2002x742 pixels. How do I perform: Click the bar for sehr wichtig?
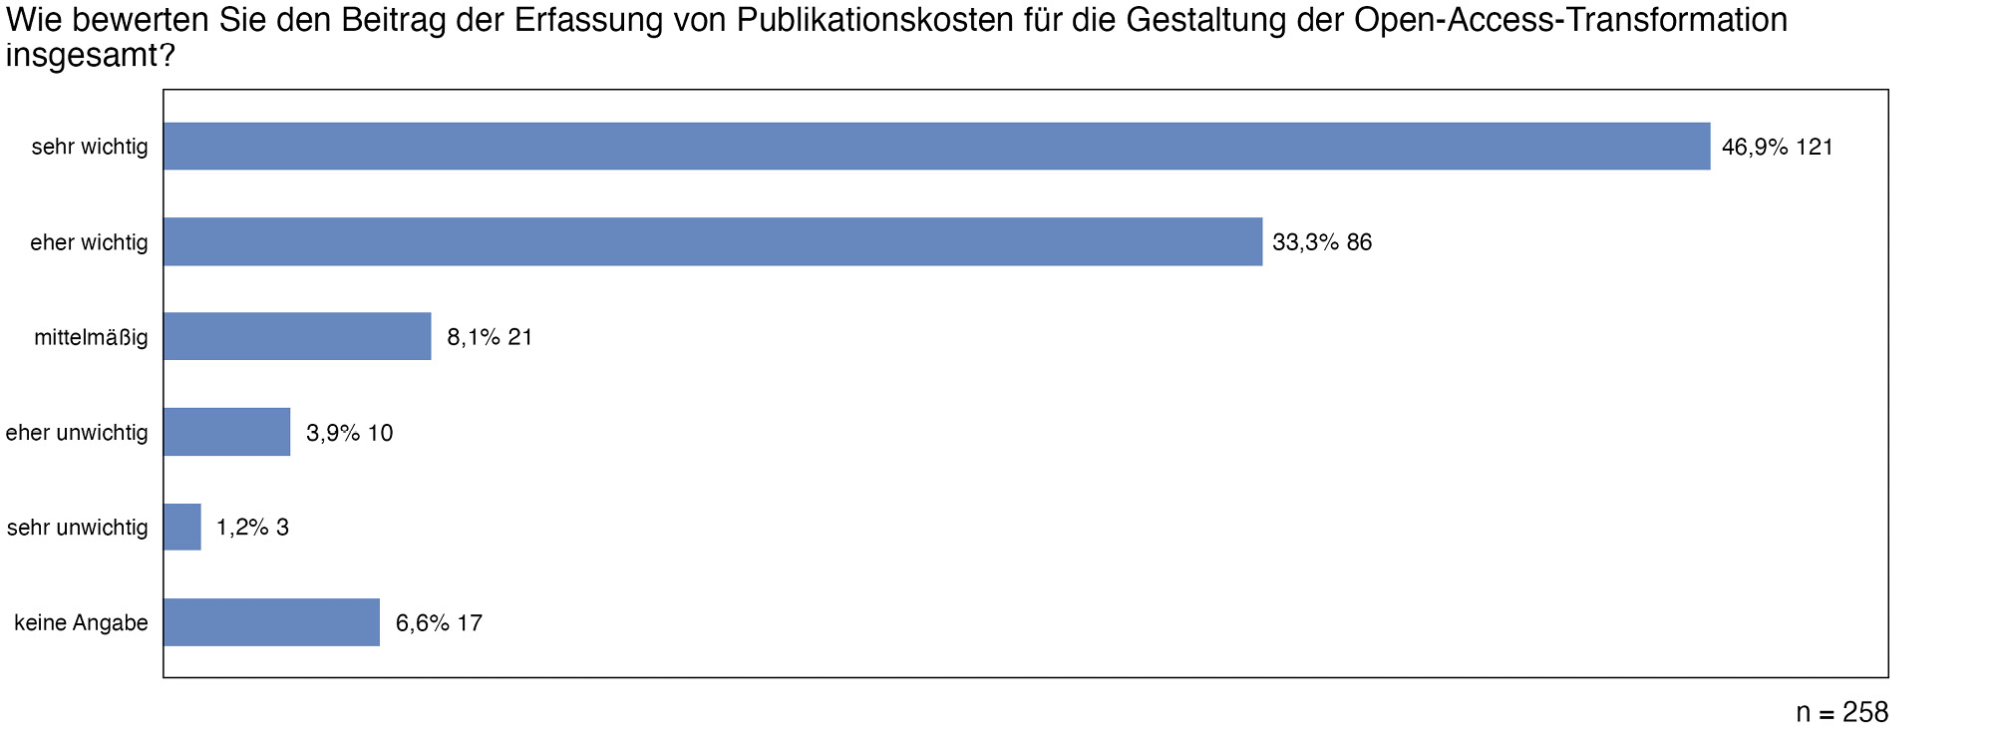937,147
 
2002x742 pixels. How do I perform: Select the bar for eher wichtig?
713,241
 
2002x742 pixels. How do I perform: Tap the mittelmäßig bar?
297,336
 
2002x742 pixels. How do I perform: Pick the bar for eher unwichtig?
227,432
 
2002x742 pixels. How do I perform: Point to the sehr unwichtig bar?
182,527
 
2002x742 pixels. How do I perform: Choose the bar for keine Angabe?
271,622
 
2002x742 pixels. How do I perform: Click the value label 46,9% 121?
1777,148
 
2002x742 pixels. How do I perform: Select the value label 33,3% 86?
1322,242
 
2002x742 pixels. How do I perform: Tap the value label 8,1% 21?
490,337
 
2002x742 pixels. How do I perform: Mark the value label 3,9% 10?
349,433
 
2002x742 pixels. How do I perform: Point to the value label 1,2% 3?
252,528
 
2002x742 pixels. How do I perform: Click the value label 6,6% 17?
439,623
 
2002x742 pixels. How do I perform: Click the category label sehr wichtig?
90,148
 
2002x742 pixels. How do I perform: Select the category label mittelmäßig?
91,338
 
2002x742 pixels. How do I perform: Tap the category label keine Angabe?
81,623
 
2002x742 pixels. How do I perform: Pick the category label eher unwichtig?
77,433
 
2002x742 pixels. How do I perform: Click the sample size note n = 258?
1841,712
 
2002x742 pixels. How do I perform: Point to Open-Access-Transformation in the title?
1570,20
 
